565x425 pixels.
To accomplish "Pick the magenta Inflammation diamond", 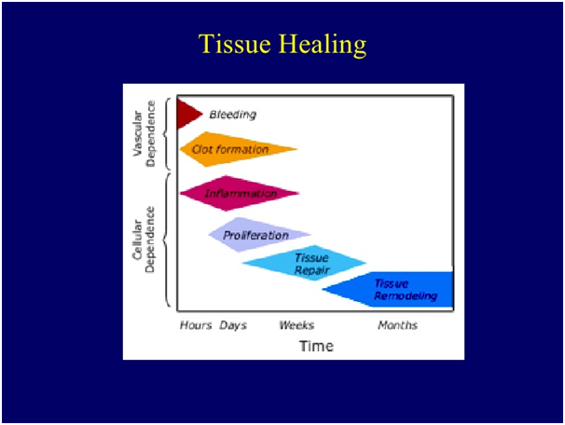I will pos(238,193).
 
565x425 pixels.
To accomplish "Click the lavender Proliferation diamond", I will pos(256,235).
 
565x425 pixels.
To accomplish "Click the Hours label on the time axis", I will pos(196,325).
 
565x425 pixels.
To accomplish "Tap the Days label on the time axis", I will pos(233,325).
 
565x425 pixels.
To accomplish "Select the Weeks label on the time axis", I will pos(296,325).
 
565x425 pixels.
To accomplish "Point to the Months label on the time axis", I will pos(397,325).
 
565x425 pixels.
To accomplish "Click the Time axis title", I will pos(316,346).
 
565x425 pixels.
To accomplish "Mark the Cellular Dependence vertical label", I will pos(145,240).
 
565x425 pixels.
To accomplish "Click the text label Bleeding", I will pos(232,115).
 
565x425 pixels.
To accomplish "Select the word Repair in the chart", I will pos(312,270).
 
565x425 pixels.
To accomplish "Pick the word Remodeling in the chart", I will pos(406,296).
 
